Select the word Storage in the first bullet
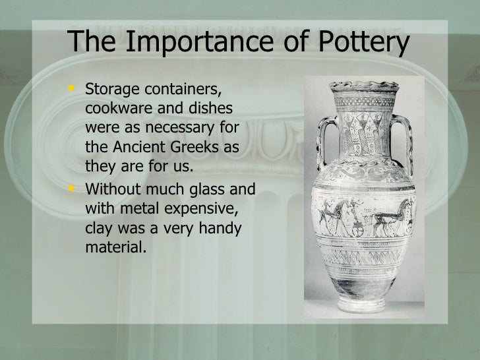pos(108,89)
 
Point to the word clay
pos(99,228)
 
